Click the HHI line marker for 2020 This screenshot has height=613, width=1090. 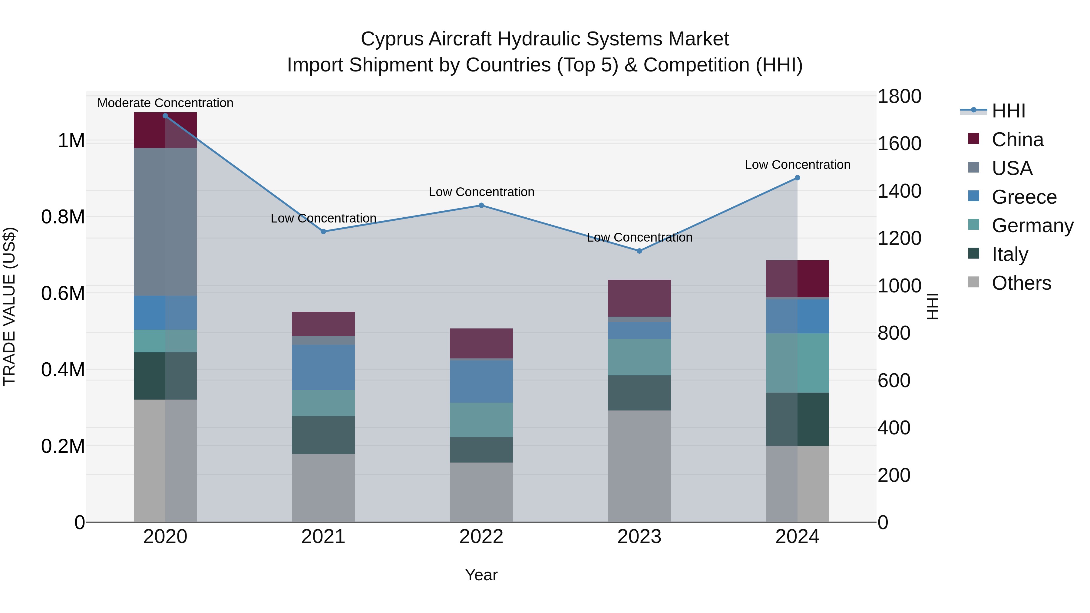165,116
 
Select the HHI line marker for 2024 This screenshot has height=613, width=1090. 797,178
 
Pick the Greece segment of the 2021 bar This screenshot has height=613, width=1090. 323,367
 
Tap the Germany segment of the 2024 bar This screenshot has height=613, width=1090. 797,363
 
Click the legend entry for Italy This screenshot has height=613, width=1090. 1009,254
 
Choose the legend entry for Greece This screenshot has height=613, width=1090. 1024,197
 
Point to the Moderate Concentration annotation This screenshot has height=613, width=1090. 165,103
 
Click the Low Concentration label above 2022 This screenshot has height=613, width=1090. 481,192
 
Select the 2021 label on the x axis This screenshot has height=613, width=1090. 323,536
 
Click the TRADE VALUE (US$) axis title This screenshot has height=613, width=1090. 9,306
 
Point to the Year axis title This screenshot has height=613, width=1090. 481,575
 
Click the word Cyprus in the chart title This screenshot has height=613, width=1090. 392,39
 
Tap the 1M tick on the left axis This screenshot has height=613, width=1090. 71,140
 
